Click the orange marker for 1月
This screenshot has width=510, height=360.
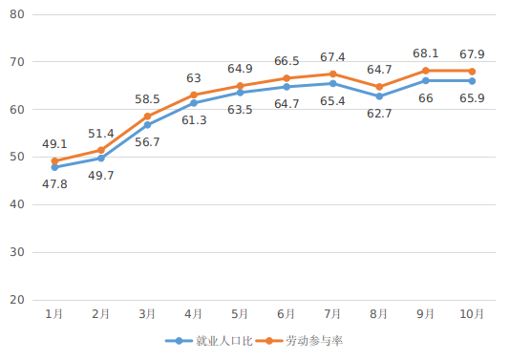coord(54,161)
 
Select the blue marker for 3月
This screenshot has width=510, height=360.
coord(147,125)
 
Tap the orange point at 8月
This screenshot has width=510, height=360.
coord(379,87)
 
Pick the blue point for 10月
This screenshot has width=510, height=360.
coord(472,81)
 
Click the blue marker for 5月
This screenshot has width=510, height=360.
coord(240,93)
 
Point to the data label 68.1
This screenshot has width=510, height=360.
coord(426,53)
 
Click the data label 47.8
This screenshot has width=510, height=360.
coord(54,184)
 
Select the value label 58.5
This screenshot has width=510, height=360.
coord(147,98)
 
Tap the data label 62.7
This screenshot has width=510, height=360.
coord(379,114)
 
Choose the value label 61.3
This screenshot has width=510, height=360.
coord(194,119)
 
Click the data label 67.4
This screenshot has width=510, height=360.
coord(332,56)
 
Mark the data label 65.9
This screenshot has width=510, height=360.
coord(472,98)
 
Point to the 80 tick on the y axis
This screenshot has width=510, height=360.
coord(17,14)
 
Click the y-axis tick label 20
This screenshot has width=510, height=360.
coord(17,300)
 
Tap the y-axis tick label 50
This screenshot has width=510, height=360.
coord(17,157)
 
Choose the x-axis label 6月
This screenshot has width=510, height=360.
coord(287,313)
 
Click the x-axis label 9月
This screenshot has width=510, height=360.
coord(426,313)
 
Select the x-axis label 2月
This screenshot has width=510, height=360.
coord(101,313)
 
